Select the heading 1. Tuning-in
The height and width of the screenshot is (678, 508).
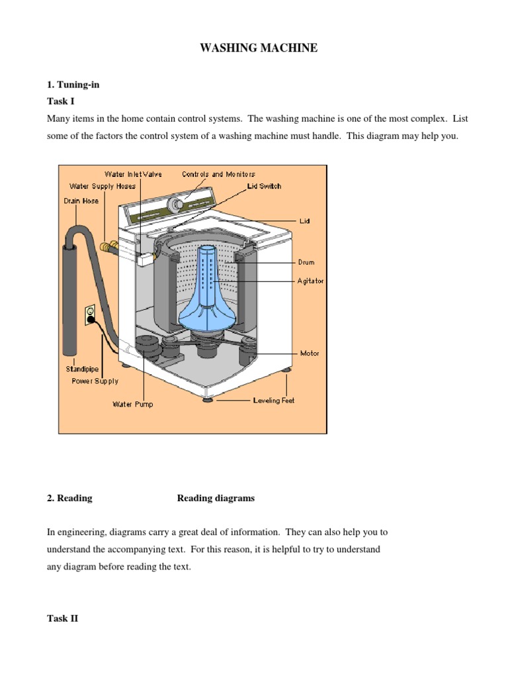click(x=73, y=85)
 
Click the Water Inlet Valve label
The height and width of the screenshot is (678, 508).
click(x=133, y=174)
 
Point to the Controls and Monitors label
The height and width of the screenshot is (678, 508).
click(x=218, y=174)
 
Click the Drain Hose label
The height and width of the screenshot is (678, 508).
click(x=81, y=201)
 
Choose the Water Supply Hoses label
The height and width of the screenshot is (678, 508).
click(x=102, y=186)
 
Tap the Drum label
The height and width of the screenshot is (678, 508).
click(x=306, y=262)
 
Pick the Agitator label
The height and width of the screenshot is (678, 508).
click(x=311, y=281)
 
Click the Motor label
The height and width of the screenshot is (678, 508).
click(x=310, y=353)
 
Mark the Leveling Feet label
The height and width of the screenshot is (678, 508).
click(x=274, y=401)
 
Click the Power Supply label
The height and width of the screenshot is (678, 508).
click(x=95, y=381)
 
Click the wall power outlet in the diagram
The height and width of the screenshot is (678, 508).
click(x=89, y=313)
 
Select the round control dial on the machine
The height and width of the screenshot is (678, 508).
click(x=177, y=203)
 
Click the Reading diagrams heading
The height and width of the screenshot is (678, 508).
click(x=216, y=499)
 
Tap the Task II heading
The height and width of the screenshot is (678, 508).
click(x=63, y=618)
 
